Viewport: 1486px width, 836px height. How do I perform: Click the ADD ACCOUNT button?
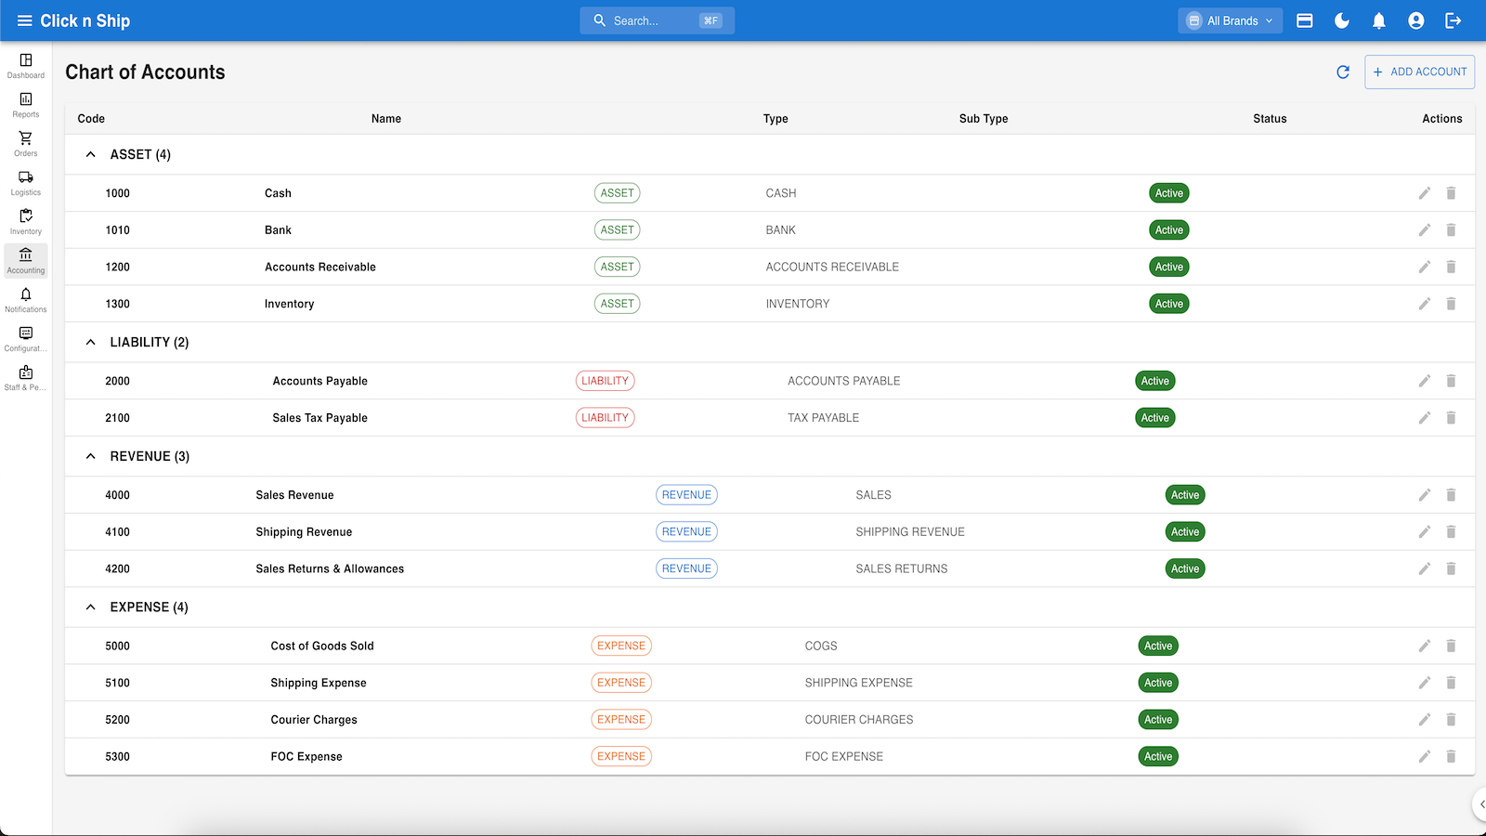click(1419, 72)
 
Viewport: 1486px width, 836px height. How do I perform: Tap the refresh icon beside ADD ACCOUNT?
click(1343, 72)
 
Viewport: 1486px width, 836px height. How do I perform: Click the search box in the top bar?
click(657, 20)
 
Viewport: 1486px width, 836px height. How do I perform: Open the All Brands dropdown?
click(1230, 20)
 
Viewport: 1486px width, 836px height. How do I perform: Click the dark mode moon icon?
click(1341, 20)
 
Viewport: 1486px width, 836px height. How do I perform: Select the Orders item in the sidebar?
click(26, 143)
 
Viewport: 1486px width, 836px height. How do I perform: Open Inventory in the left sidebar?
click(26, 222)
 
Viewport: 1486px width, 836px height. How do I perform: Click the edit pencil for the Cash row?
click(1425, 193)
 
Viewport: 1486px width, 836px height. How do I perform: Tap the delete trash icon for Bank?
click(1451, 229)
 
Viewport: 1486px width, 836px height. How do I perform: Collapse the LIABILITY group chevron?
click(91, 343)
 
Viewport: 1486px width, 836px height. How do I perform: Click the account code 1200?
click(117, 267)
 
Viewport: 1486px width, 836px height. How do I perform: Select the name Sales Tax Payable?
click(319, 417)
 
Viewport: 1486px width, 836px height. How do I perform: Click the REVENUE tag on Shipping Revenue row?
click(686, 531)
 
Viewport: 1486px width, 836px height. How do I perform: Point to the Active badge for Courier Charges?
click(1158, 719)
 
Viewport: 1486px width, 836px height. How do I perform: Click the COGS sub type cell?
click(821, 646)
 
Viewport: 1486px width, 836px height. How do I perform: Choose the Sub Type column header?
click(984, 118)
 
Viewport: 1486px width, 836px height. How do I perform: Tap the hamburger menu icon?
click(24, 20)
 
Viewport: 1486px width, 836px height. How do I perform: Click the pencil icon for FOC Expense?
click(1425, 756)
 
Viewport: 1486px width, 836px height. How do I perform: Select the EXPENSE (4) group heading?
click(149, 607)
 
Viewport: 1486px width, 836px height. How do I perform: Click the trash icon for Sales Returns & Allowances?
click(1451, 568)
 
